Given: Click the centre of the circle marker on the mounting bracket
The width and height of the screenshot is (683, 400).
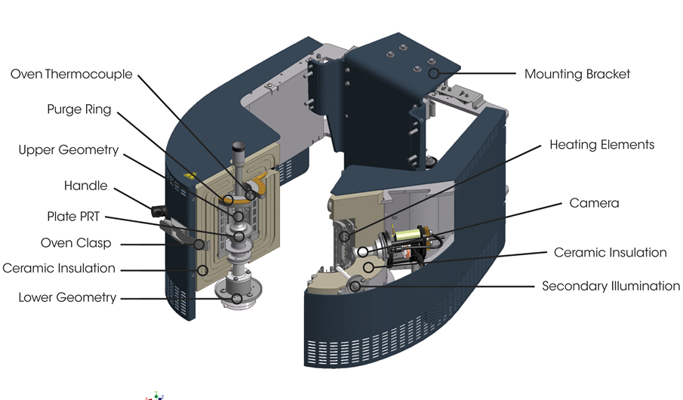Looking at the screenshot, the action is (433, 73).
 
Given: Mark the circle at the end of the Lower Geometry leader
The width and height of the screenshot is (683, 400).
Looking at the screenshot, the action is (236, 298).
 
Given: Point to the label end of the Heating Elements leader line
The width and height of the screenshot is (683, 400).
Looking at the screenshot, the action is (541, 146).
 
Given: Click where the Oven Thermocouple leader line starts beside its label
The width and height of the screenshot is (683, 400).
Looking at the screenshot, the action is (139, 75).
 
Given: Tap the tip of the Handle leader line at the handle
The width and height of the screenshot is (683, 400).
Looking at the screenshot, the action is (156, 211).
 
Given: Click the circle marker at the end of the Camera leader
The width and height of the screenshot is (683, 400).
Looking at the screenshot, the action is (363, 251).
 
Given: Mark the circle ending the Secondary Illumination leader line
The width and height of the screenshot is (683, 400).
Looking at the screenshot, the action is (355, 286).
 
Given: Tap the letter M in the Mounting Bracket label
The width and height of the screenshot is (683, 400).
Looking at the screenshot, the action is (530, 74).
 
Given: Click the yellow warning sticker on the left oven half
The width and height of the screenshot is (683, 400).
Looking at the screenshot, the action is (189, 176).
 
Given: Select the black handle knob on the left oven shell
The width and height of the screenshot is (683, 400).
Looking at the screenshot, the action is (158, 211).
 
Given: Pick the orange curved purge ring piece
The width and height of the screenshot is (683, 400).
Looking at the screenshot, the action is (257, 184).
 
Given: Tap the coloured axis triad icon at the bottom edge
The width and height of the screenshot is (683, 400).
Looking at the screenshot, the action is (155, 396).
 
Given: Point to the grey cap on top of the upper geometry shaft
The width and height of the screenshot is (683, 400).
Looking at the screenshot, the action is (239, 148).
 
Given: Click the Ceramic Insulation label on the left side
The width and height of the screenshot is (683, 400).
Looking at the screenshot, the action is (59, 268).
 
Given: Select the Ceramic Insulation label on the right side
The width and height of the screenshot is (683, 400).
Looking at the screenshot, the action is (610, 252).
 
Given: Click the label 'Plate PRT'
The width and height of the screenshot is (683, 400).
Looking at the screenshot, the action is (73, 217).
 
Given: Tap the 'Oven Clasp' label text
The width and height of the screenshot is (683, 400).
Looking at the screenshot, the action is (75, 243).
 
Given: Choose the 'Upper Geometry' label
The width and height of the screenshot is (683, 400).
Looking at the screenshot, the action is (69, 150).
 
